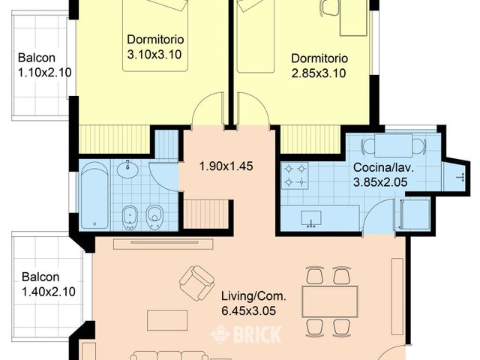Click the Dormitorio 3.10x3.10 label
point(155,46)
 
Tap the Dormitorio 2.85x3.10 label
point(319,66)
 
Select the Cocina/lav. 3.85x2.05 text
point(383,175)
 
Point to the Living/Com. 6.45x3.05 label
point(253,304)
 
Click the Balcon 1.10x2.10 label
point(45,65)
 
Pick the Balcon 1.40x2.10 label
point(48,284)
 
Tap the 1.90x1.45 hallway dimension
point(226,166)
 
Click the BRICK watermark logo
point(246,334)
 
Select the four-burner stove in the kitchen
point(295,175)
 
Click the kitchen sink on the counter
point(311,219)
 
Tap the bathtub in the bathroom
point(94,195)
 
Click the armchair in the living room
point(196,283)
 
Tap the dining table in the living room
point(330,301)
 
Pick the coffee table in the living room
point(167,320)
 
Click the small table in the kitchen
point(393,145)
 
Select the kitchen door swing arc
point(375,211)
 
